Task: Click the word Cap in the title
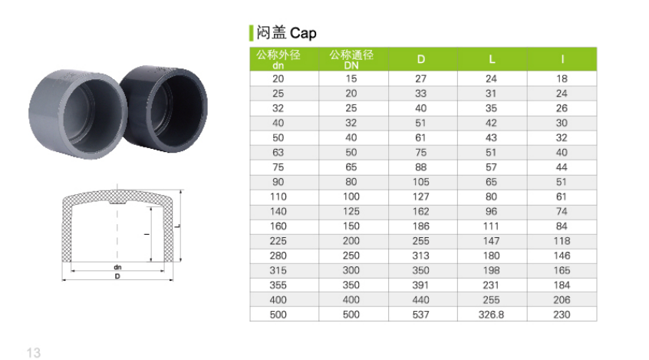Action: point(303,33)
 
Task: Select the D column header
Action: point(421,59)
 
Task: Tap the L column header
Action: point(492,59)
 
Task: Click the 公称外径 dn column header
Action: point(278,59)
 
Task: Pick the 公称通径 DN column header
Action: point(351,59)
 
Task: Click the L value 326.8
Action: point(491,315)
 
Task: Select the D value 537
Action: point(420,315)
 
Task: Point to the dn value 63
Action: point(278,153)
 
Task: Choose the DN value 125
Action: point(351,212)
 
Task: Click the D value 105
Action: point(420,182)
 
